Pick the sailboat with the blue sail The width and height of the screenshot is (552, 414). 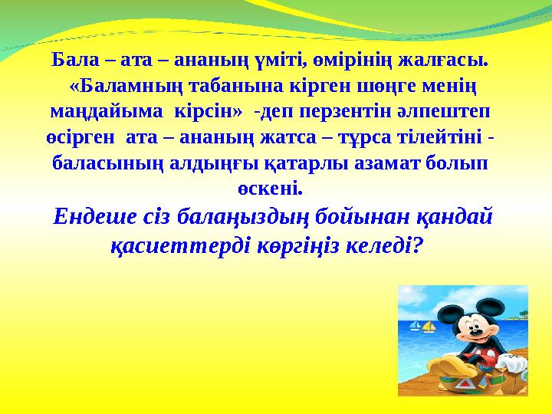416,326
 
